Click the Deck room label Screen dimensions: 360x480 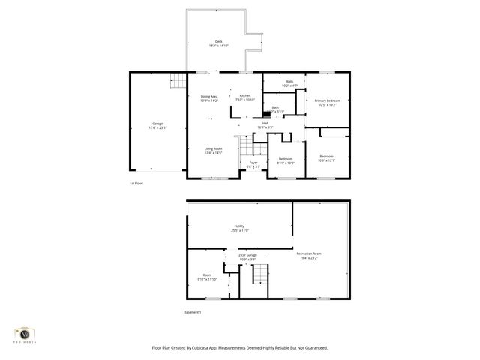pyautogui.click(x=218, y=43)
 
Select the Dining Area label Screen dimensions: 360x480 pyautogui.click(x=209, y=97)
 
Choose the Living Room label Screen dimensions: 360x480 pyautogui.click(x=213, y=150)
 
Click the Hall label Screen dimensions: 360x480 pyautogui.click(x=265, y=124)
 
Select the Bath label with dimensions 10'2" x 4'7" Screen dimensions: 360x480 pyautogui.click(x=289, y=82)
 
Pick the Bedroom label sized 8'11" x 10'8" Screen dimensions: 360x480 pyautogui.click(x=286, y=160)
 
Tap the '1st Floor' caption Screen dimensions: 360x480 pyautogui.click(x=136, y=182)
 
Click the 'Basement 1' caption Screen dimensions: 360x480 pyautogui.click(x=193, y=311)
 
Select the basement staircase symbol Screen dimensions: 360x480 pyautogui.click(x=259, y=277)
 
